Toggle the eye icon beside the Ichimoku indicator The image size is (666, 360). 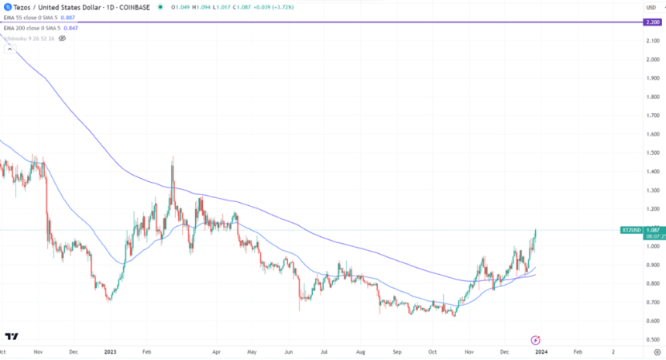coord(62,37)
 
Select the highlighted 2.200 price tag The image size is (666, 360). coord(651,22)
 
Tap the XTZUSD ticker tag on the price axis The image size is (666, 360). coord(631,230)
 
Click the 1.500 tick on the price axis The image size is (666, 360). coord(651,153)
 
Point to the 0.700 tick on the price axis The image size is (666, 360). coord(651,303)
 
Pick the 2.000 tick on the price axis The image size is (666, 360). coord(651,60)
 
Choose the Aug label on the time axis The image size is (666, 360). coord(360,351)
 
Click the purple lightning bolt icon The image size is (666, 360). coord(534,340)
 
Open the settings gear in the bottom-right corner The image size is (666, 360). coord(657,351)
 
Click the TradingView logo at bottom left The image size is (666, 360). coord(12,336)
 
